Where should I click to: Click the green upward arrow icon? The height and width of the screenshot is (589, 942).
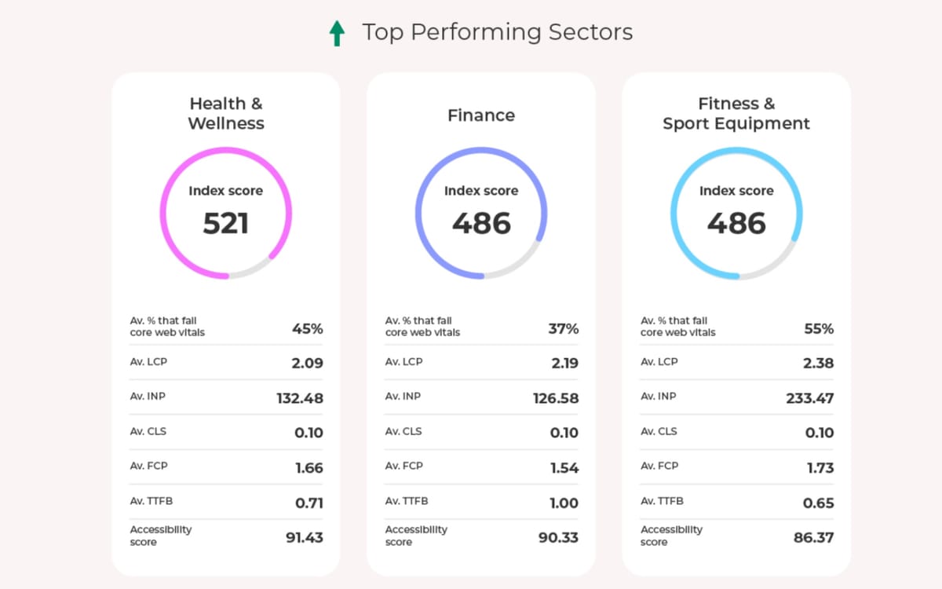click(x=337, y=33)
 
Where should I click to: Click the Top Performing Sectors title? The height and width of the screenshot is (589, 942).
click(x=497, y=32)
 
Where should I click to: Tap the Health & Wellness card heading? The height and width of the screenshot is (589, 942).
click(x=226, y=113)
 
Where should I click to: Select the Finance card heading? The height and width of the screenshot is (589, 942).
click(x=481, y=115)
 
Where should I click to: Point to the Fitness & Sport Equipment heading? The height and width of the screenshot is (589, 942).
click(x=736, y=113)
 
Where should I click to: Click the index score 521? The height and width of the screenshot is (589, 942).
click(x=226, y=224)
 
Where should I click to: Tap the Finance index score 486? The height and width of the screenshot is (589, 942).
click(x=481, y=224)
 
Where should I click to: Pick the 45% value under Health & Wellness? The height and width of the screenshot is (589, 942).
click(x=307, y=329)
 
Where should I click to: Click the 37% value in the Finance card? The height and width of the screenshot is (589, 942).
click(x=563, y=329)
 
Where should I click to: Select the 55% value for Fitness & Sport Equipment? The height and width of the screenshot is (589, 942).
click(x=818, y=329)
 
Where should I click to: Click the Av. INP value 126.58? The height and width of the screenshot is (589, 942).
click(x=555, y=398)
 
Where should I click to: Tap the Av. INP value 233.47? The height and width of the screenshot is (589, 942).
click(x=809, y=398)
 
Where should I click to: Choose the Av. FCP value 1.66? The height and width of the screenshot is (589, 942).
click(x=309, y=468)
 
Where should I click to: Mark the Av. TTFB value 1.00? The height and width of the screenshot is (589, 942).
click(x=564, y=503)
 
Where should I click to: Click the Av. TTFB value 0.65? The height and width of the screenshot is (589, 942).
click(x=818, y=503)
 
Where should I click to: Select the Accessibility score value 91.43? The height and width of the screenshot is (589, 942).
click(x=304, y=538)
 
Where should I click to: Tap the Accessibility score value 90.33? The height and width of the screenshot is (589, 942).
click(x=559, y=538)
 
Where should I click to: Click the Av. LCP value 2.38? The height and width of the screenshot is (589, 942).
click(x=818, y=364)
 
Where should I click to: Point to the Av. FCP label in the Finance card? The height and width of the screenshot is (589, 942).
click(x=403, y=466)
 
